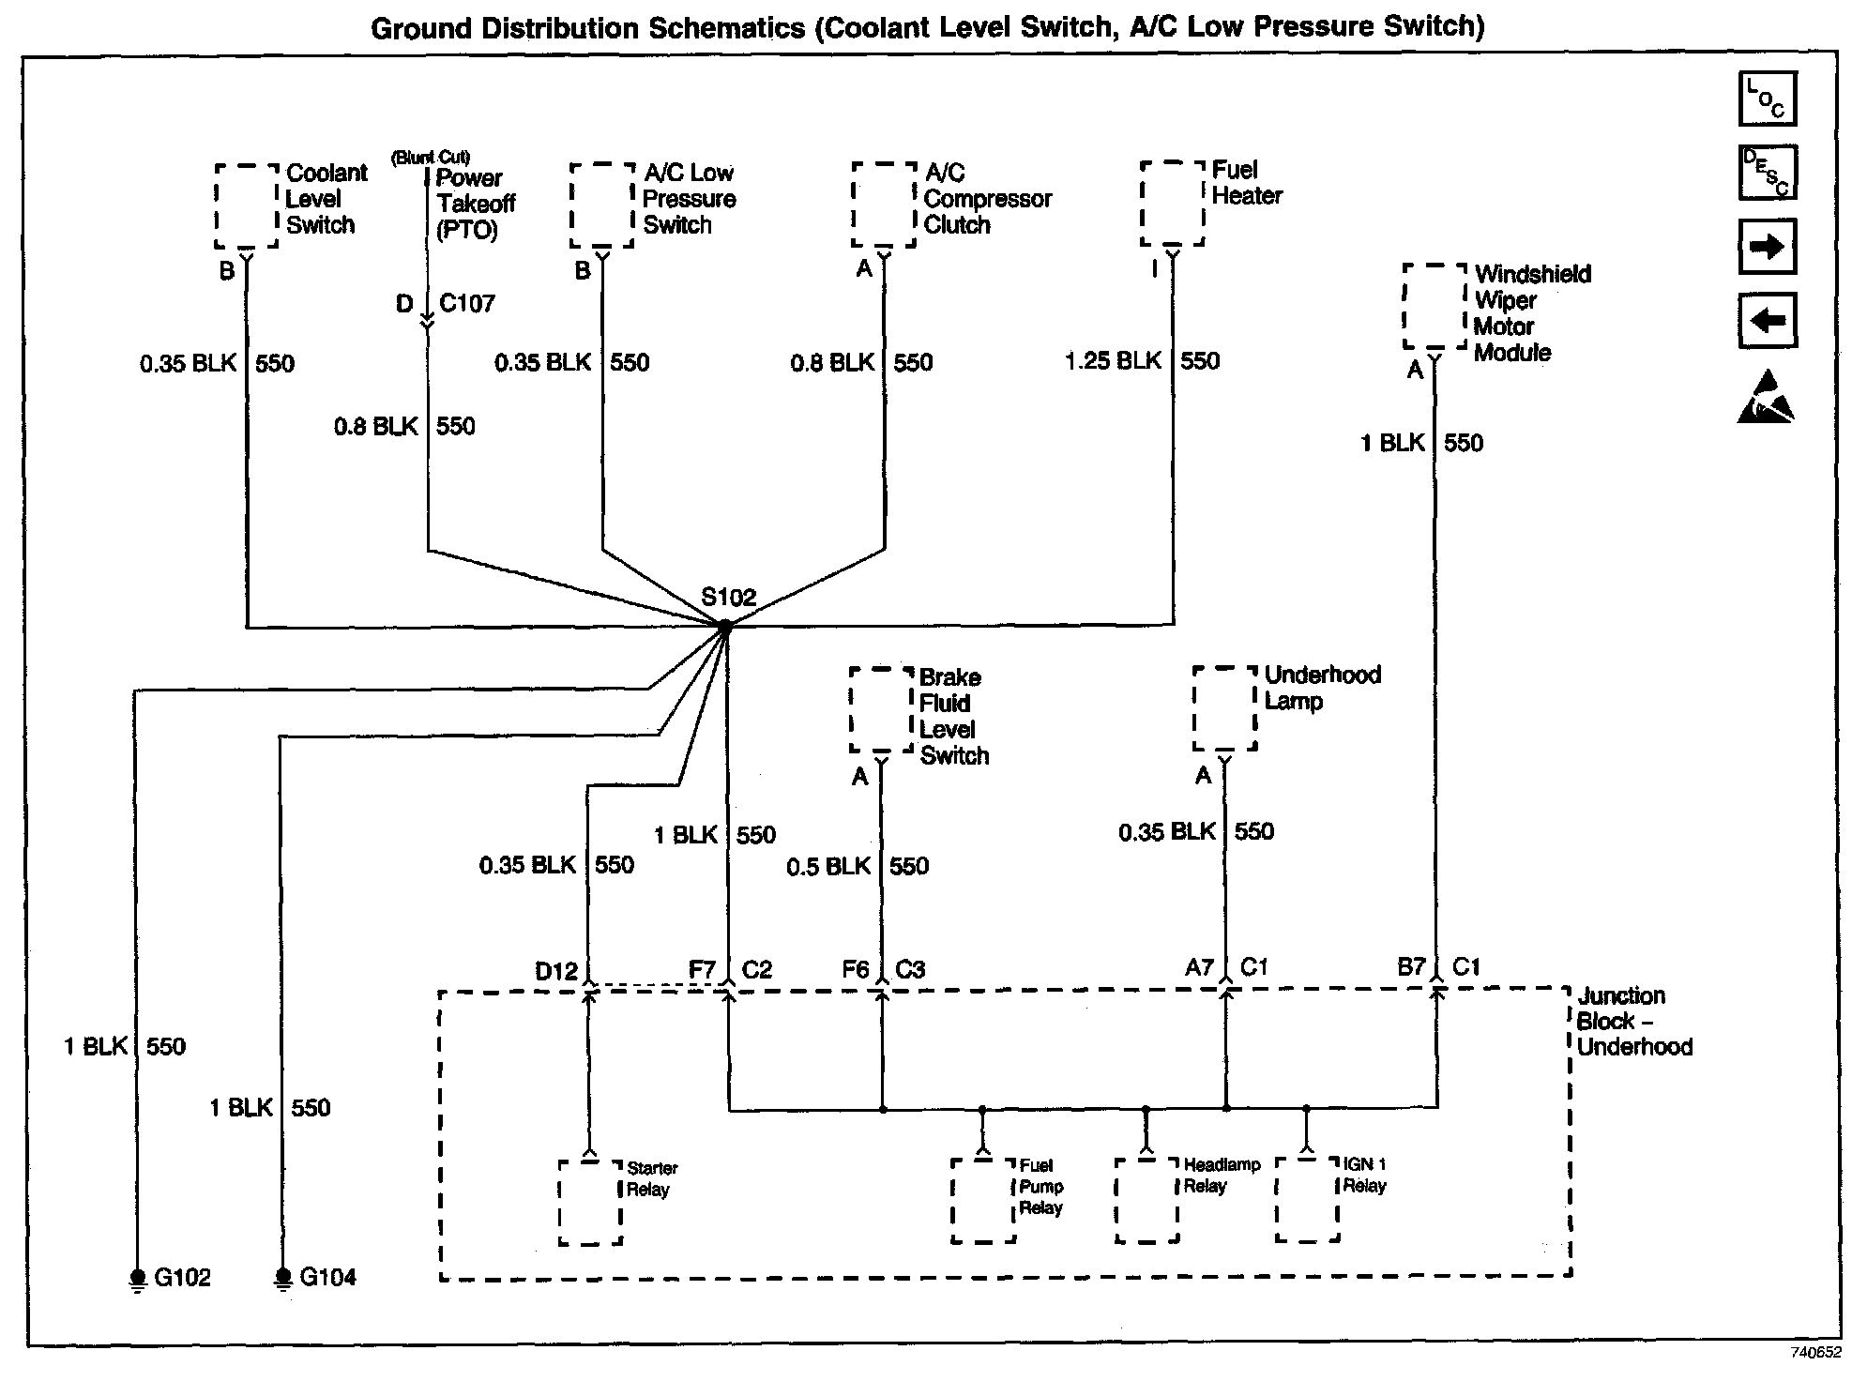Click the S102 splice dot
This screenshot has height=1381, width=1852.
point(725,626)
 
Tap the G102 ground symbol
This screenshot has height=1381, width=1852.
point(138,1280)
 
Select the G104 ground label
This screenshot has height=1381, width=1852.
point(328,1278)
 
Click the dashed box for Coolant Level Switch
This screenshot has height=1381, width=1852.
point(247,206)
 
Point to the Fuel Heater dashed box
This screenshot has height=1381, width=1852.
point(1173,204)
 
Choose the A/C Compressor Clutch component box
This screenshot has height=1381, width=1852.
point(884,205)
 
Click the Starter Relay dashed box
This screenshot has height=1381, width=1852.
point(590,1204)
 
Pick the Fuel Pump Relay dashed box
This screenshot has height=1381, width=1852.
point(983,1202)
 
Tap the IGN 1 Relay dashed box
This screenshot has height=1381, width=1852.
point(1307,1200)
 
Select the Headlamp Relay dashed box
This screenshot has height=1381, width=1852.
point(1146,1201)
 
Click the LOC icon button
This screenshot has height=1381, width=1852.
point(1768,99)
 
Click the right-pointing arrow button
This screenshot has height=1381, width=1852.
point(1768,247)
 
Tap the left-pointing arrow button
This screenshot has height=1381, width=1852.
point(1768,321)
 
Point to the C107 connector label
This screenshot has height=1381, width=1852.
point(467,304)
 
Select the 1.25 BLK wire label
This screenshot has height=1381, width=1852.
point(1114,361)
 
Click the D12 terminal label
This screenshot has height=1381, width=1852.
point(556,971)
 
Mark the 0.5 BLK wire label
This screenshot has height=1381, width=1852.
point(828,866)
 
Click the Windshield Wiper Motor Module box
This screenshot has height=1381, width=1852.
point(1435,307)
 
